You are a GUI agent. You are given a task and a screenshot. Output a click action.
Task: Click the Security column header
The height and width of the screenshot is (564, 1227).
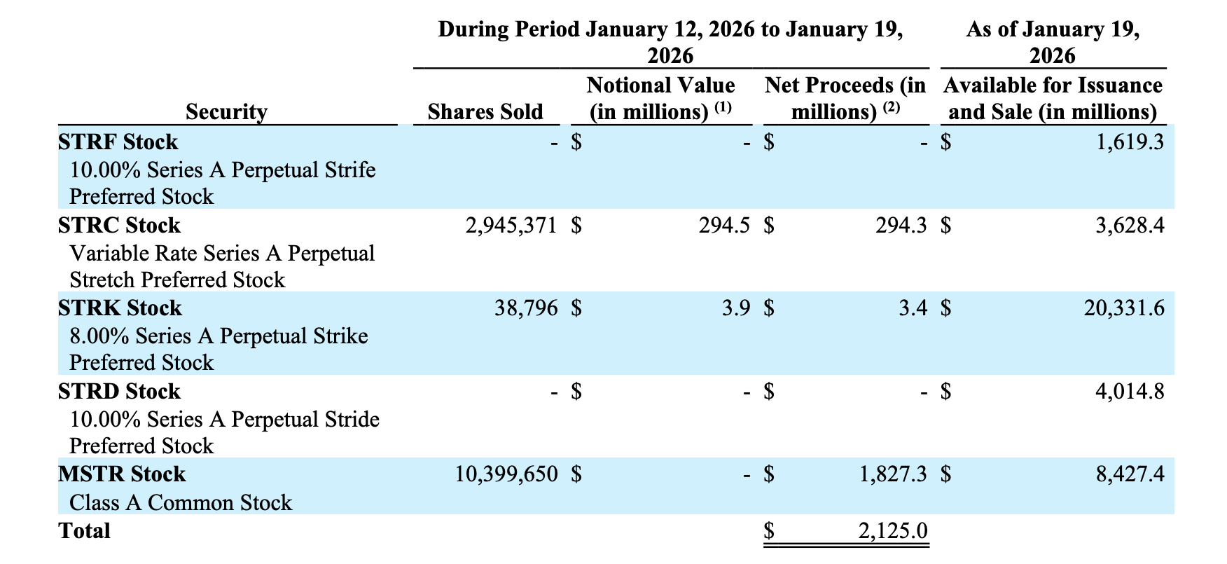(x=226, y=112)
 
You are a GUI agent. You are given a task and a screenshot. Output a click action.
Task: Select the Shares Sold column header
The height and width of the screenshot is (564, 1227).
(x=485, y=112)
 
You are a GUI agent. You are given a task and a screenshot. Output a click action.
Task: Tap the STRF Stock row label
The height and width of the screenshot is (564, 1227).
(x=118, y=142)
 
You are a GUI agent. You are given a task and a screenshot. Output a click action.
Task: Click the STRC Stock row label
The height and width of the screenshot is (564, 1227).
(x=119, y=226)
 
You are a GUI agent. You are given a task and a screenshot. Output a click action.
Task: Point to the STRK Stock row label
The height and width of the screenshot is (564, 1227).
(x=120, y=308)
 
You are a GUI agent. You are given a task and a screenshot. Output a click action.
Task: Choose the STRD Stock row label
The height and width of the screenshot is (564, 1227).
(x=119, y=391)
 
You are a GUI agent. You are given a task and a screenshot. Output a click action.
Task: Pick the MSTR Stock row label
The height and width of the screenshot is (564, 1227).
(x=122, y=474)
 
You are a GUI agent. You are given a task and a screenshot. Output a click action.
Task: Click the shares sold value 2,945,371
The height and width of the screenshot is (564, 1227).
(x=511, y=226)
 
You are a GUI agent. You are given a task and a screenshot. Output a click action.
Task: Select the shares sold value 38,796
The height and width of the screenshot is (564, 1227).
(x=526, y=308)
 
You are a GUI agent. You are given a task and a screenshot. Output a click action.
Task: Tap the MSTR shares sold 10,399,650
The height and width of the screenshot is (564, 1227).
(x=506, y=474)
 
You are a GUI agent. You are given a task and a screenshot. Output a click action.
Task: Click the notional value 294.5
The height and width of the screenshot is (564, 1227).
(x=724, y=226)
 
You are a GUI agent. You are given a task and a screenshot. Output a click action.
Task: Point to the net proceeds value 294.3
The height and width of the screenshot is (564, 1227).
(x=901, y=226)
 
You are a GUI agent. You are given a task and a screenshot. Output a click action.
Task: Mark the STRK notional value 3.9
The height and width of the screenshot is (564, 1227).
(x=735, y=308)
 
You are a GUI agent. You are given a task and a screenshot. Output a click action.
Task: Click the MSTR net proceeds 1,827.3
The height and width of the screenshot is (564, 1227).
(x=893, y=474)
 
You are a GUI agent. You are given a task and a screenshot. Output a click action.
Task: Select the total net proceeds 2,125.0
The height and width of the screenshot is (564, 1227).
(x=893, y=530)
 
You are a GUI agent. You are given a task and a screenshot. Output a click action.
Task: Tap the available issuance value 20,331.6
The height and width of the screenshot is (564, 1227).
(x=1124, y=308)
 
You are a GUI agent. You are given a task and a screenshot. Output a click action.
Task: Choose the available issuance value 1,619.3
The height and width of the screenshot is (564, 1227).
(x=1130, y=142)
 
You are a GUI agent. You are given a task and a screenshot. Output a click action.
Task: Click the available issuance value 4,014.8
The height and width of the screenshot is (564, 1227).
(x=1130, y=391)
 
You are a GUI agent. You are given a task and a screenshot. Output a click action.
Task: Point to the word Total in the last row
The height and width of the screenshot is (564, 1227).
(x=85, y=531)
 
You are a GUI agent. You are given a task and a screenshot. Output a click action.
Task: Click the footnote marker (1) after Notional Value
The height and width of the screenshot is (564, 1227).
(x=723, y=108)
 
